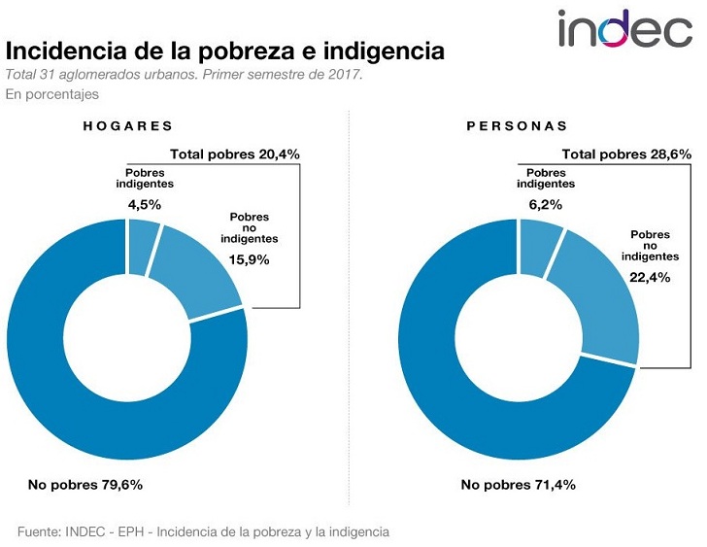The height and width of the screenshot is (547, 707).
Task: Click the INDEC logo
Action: [624, 29]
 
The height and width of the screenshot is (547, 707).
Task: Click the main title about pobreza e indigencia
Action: [225, 51]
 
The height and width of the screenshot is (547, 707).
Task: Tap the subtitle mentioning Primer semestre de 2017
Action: [185, 75]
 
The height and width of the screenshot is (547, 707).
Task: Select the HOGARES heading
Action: [127, 126]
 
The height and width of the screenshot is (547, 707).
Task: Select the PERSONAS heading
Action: [517, 126]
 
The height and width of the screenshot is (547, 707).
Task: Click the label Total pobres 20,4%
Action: [234, 154]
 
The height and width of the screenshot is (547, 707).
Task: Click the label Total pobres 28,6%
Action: [626, 154]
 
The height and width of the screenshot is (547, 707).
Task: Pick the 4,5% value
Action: [144, 204]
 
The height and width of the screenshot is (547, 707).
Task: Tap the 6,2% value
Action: [536, 204]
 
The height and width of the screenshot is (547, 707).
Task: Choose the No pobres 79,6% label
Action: [92, 484]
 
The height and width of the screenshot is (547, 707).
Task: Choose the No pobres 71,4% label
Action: [518, 484]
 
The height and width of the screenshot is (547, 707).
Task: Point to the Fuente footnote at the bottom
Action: [203, 531]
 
